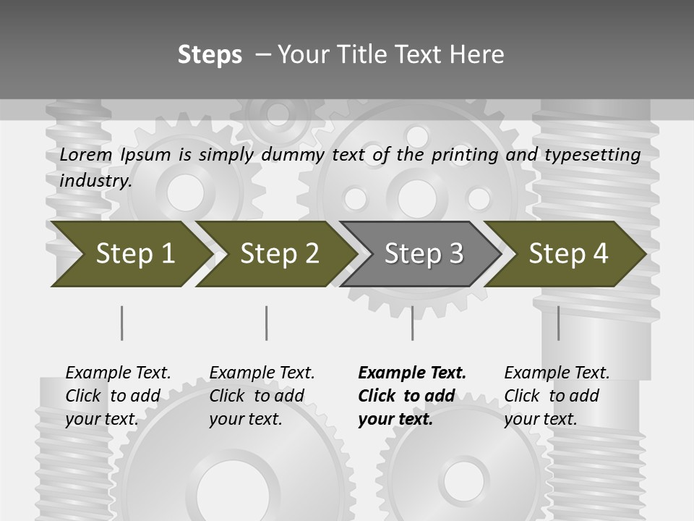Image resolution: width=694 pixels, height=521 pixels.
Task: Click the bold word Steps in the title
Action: pos(210,54)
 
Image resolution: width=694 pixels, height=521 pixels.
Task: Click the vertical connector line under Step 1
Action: pos(122,323)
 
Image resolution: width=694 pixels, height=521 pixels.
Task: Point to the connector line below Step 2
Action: pos(267,323)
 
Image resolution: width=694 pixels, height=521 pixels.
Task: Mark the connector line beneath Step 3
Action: pos(413,323)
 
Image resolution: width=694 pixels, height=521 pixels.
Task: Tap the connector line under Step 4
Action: pos(558,323)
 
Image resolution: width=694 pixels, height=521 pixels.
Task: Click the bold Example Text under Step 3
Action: pos(412,396)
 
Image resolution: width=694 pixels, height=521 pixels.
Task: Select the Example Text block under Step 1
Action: pos(118,396)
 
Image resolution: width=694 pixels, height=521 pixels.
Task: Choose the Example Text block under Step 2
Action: pos(262,396)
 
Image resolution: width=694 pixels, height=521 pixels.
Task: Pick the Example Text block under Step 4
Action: pos(557,396)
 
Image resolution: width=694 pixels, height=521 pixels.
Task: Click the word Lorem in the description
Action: pos(86,155)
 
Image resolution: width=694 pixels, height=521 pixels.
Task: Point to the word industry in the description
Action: pos(95,181)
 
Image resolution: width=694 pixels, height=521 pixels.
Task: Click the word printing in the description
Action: pos(463,155)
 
